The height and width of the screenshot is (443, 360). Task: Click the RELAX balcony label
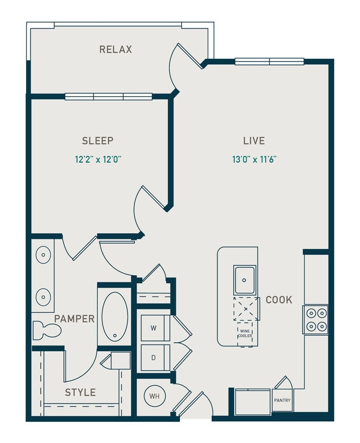click(x=116, y=49)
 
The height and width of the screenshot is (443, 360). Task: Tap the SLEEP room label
click(x=97, y=141)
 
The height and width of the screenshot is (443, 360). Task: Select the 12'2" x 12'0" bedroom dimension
click(x=98, y=159)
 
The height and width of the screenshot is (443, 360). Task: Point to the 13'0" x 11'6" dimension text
click(x=254, y=159)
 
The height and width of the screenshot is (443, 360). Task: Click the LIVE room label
click(x=254, y=141)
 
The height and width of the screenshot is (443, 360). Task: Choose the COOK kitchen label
click(x=279, y=300)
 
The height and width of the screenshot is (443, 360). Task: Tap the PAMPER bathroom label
click(x=74, y=319)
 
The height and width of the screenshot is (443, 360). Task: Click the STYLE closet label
click(x=80, y=393)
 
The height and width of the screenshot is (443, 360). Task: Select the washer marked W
click(x=154, y=328)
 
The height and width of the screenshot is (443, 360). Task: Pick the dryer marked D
click(x=154, y=358)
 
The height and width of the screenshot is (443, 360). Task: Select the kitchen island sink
click(x=244, y=280)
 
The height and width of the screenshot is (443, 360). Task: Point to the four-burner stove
click(x=316, y=320)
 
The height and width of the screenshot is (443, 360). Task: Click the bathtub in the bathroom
click(x=115, y=316)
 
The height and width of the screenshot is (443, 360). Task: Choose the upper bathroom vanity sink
click(x=43, y=255)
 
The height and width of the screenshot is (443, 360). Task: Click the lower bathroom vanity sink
click(x=43, y=297)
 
